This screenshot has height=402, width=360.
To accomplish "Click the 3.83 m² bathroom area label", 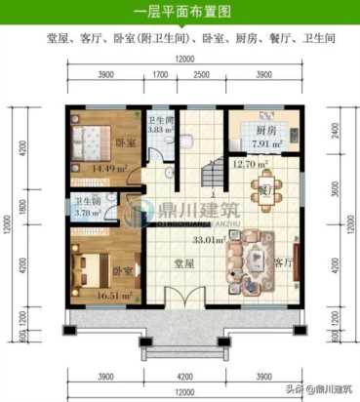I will (160, 129).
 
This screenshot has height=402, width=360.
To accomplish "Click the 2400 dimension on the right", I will (335, 127).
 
